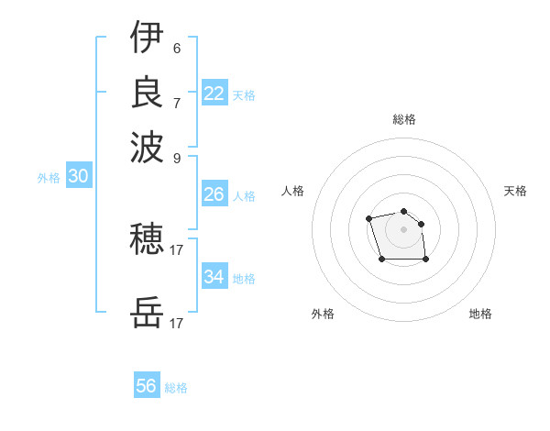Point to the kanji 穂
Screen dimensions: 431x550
[147, 239]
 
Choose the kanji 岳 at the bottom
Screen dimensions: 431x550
[147, 315]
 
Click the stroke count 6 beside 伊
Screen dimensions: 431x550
[177, 48]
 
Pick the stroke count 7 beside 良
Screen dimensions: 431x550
[177, 103]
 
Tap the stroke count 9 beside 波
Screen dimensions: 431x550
[177, 157]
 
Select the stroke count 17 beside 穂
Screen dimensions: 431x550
[177, 249]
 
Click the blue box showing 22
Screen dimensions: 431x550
[214, 94]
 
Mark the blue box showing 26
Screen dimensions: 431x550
[214, 194]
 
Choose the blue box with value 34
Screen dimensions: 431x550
[214, 277]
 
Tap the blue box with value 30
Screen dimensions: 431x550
[78, 177]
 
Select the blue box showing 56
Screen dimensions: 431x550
[147, 386]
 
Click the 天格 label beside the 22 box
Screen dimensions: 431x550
[244, 95]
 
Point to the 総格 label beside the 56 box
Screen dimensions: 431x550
[176, 388]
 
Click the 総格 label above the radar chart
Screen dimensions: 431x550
[404, 119]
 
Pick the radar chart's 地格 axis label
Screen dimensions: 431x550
[480, 314]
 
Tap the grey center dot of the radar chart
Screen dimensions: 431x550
[403, 229]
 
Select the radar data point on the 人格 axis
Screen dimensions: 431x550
[368, 218]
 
